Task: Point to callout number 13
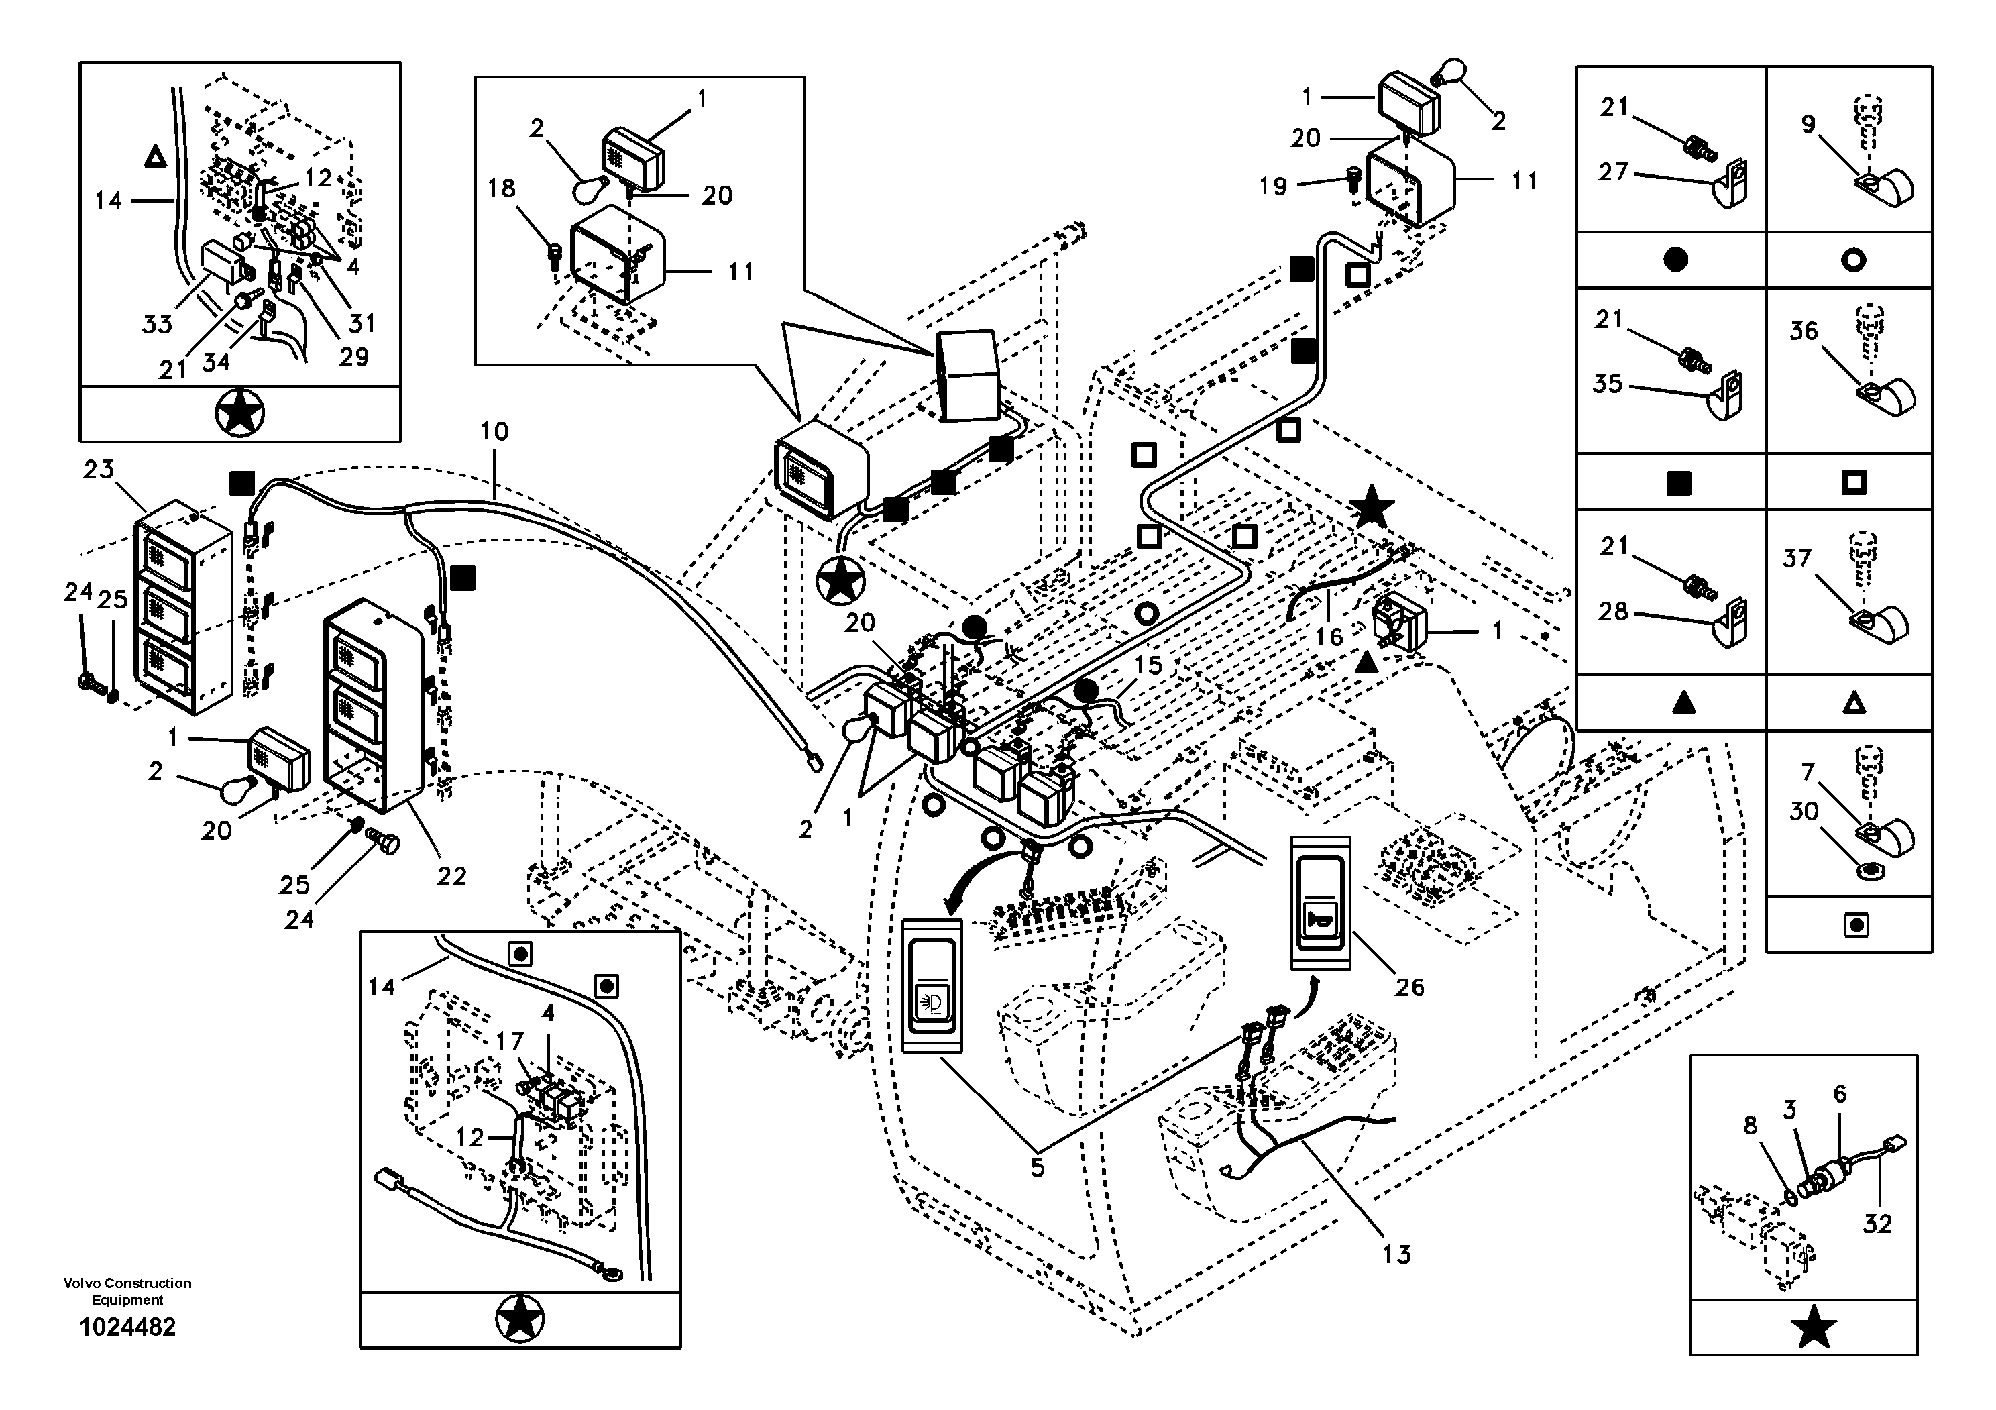coord(1396,1254)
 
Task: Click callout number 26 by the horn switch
coord(1409,987)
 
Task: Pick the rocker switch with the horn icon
coord(1320,902)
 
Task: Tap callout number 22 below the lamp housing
coord(451,876)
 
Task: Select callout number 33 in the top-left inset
coord(158,324)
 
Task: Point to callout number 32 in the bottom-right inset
coord(1877,1224)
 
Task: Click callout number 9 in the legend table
coord(1808,124)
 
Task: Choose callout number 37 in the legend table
coord(1797,558)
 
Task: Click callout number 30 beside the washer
coord(1804,811)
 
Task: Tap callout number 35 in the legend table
coord(1608,384)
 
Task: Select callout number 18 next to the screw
coord(501,188)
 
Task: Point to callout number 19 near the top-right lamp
coord(1273,185)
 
